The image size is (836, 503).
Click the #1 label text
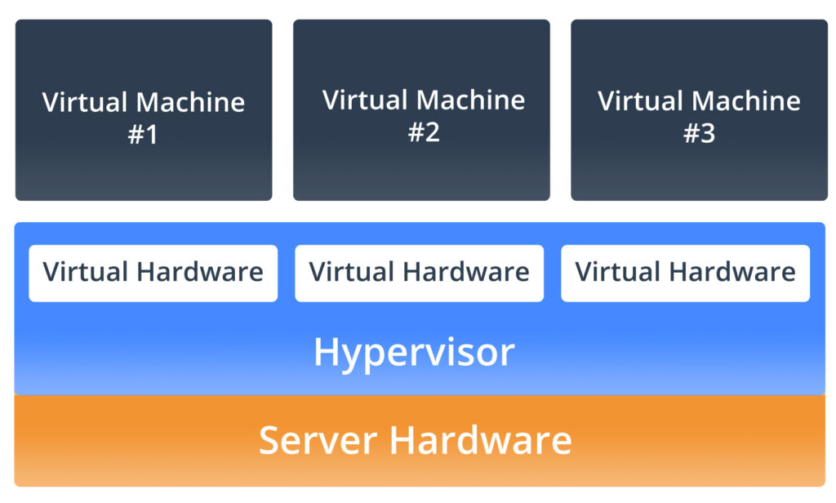143,135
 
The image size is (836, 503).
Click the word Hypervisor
414,352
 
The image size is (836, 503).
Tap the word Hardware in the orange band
480,440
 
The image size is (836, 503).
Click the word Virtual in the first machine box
85,102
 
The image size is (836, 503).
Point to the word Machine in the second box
474,100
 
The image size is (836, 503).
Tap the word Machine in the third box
749,100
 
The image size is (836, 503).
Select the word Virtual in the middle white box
346,271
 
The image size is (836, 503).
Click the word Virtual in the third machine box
640,100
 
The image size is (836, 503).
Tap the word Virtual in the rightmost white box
612,271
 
